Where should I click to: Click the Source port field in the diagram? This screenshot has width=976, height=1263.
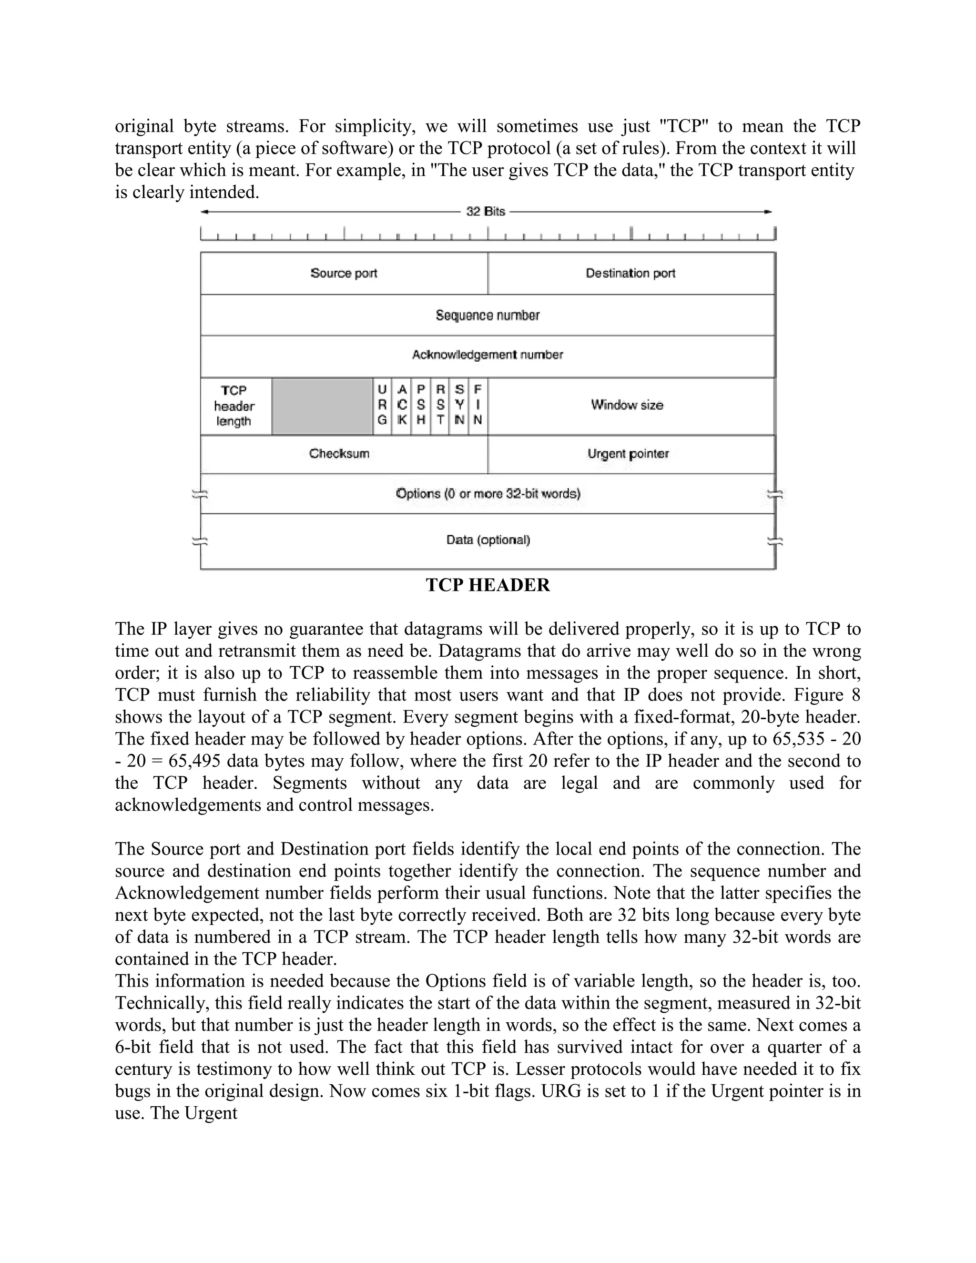tap(344, 273)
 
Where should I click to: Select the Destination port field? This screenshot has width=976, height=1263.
tap(630, 273)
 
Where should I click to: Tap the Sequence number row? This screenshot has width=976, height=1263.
tap(488, 315)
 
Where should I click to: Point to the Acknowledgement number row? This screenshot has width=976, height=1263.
tap(488, 355)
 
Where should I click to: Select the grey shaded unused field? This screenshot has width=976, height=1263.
tap(322, 406)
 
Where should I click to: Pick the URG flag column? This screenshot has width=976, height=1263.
tap(382, 406)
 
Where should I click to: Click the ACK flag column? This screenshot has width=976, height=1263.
tap(402, 406)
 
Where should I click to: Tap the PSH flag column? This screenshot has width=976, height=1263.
tap(421, 406)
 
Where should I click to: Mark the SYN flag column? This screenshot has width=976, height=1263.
tap(459, 406)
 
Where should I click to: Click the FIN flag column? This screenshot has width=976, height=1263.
tap(478, 406)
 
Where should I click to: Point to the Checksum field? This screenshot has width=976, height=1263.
tap(339, 453)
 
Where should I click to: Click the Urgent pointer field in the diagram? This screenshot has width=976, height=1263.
tap(628, 453)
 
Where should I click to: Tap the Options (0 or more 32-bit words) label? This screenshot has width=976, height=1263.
tap(488, 494)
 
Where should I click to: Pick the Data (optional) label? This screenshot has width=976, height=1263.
tap(488, 540)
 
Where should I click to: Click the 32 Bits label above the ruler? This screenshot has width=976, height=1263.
tap(486, 212)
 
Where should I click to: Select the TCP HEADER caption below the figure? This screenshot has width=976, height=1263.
tap(488, 585)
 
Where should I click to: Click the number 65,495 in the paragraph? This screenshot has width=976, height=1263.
tap(194, 761)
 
